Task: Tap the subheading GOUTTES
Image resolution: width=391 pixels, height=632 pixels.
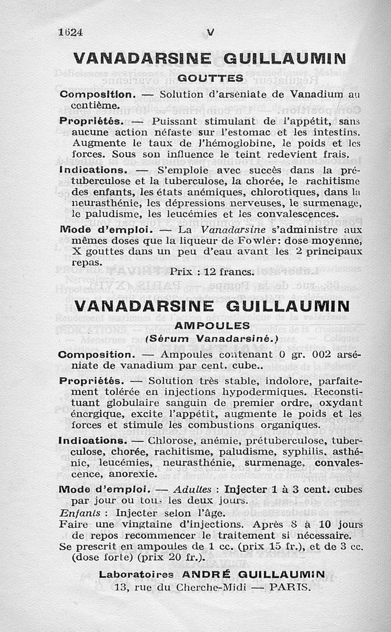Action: (x=210, y=78)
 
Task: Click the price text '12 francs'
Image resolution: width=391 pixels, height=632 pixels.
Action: (x=230, y=271)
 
